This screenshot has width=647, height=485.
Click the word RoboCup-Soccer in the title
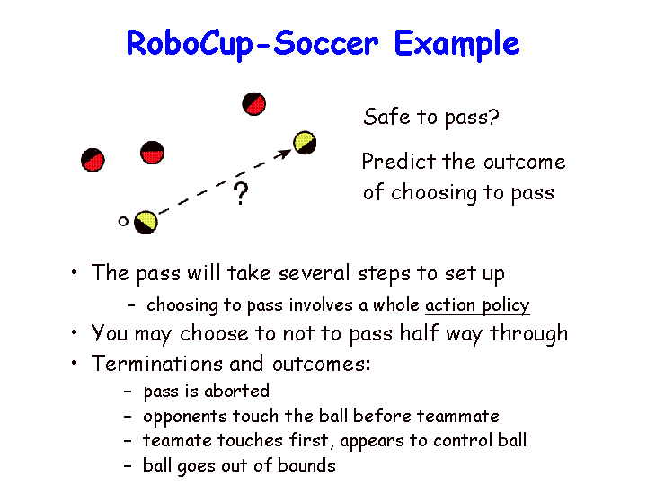(253, 44)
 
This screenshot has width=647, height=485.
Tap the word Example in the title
(456, 44)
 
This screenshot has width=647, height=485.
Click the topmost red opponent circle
(253, 104)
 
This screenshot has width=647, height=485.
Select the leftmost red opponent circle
(93, 160)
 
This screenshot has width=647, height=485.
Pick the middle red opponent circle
(152, 153)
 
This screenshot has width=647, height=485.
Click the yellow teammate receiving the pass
(305, 143)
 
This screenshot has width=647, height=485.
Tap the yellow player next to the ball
(146, 222)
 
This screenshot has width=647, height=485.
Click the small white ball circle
(123, 222)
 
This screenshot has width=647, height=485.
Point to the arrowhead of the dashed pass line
(284, 154)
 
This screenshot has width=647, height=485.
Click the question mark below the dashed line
(241, 193)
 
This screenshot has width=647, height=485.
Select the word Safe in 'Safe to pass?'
(386, 116)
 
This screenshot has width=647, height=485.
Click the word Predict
(399, 162)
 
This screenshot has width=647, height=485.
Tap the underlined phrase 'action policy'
(477, 306)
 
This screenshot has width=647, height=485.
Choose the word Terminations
(156, 364)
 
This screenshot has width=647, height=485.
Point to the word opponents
(185, 417)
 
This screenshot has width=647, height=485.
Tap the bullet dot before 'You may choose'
(75, 332)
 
